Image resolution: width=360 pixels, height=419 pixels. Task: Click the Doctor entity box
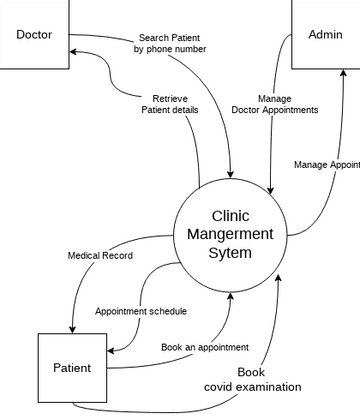34,35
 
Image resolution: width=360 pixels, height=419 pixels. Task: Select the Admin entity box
325,35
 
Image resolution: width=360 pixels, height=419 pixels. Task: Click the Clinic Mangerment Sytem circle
230,235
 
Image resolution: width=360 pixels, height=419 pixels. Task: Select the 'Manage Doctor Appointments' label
274,104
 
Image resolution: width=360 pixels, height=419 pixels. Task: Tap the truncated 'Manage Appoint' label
327,165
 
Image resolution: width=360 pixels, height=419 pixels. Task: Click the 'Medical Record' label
100,255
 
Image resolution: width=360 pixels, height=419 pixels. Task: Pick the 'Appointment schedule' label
141,311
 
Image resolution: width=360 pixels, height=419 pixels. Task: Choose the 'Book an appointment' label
205,347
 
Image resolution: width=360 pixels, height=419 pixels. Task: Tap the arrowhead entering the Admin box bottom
343,76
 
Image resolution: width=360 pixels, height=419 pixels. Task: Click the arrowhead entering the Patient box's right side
110,351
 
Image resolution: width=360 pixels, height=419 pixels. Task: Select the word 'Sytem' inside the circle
230,254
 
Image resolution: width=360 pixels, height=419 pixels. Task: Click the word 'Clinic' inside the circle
230,215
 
